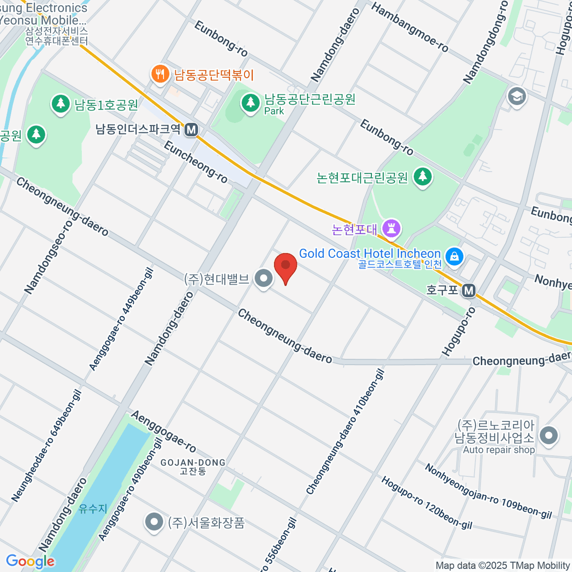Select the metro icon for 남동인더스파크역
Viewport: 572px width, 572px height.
coord(191,130)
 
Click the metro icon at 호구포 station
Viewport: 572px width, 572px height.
coord(469,290)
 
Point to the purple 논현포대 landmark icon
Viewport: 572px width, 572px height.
coord(392,229)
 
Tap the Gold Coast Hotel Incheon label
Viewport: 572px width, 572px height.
coord(369,254)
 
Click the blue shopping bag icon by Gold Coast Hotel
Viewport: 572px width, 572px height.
coord(455,256)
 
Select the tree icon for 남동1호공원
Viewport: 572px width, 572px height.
coord(61,104)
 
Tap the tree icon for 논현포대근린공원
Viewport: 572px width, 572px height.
coord(422,177)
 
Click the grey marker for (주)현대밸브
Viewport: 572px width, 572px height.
coord(263,278)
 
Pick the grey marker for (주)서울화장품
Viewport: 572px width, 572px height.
coord(153,522)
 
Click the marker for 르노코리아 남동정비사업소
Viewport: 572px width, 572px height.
coord(549,435)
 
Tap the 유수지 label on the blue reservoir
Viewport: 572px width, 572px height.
coord(93,509)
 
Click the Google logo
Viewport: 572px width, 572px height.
coord(30,562)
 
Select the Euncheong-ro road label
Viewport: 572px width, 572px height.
coord(195,162)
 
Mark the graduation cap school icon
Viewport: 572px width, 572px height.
coord(516,96)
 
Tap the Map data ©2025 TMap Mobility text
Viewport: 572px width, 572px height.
coord(503,566)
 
